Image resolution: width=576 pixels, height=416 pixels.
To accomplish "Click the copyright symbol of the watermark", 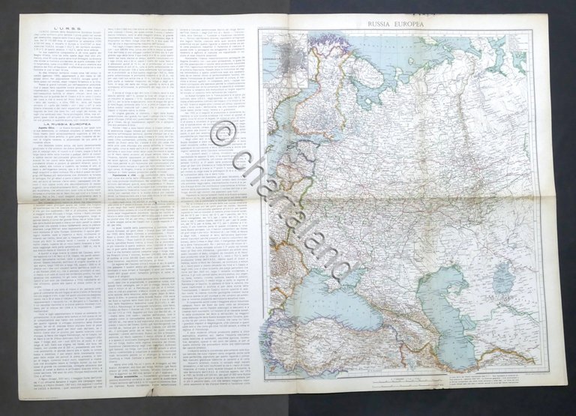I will pos(222,134).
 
